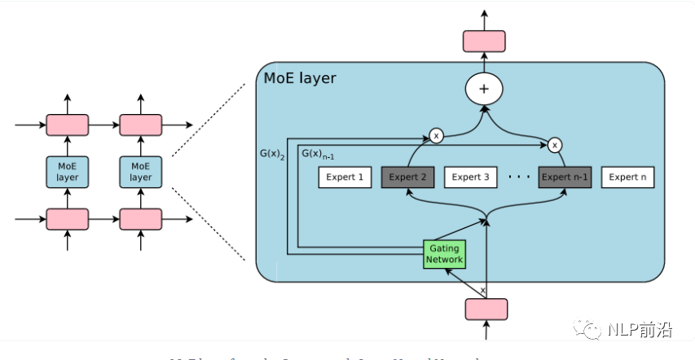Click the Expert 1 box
click(345, 177)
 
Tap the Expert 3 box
click(470, 177)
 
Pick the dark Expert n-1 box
click(565, 177)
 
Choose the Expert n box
click(628, 177)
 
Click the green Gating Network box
click(444, 253)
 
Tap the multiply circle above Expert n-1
click(555, 145)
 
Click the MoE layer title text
click(300, 78)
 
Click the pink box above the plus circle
click(484, 42)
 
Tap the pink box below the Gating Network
click(486, 309)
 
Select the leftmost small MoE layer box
click(67, 172)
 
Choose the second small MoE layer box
click(141, 172)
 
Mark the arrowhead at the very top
click(484, 14)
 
